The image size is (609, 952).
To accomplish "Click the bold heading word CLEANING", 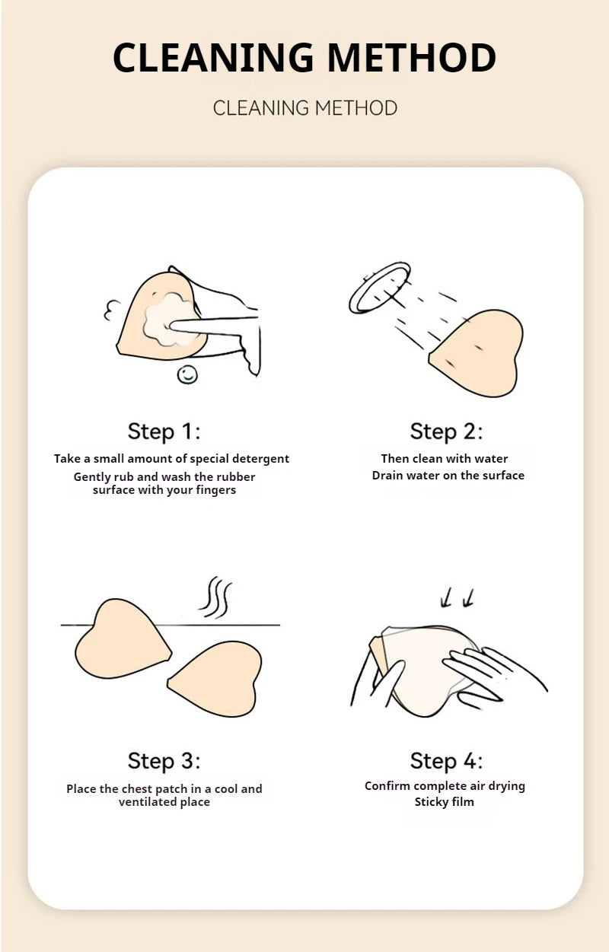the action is pos(213,57).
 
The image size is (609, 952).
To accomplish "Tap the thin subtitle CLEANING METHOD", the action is pos(305,108).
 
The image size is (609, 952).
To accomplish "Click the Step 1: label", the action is pos(164,431).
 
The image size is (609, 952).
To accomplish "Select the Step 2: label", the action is pos(446,431).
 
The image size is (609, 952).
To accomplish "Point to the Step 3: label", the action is pos(164,760).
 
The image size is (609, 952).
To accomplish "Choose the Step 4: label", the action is pos(446,760).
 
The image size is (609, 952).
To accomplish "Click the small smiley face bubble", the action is pos(187,374).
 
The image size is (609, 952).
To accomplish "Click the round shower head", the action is pos(380,288).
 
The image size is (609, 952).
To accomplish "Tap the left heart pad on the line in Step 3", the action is pos(123,638).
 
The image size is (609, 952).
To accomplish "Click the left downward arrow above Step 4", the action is pos(446,597).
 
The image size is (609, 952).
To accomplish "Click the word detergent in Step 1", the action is pos(260,459).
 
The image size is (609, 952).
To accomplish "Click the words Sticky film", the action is pos(444,802).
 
